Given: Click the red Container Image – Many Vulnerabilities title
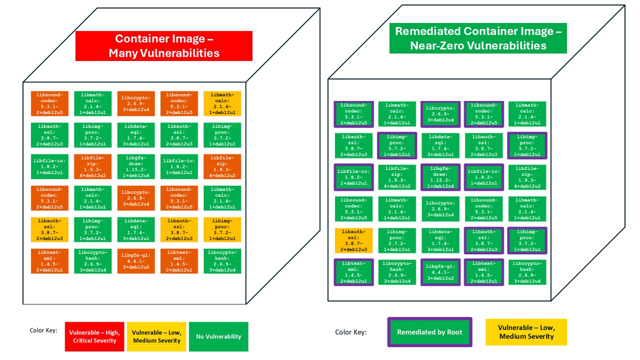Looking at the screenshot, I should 164,46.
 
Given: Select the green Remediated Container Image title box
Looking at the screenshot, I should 478,38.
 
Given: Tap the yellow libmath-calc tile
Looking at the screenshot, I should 222,104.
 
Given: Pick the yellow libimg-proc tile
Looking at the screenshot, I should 222,229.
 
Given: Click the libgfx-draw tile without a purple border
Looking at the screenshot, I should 136,166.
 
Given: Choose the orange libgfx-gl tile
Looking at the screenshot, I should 136,261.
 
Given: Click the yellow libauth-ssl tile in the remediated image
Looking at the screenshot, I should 354,240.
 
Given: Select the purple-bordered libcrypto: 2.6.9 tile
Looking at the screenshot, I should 440,114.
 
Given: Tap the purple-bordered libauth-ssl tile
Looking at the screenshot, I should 483,240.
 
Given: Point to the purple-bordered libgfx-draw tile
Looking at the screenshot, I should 440,177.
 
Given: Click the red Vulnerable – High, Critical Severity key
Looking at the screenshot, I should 94,336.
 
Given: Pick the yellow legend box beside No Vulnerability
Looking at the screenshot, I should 156,336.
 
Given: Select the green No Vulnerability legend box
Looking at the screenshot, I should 218,336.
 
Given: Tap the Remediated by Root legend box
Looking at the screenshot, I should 429,332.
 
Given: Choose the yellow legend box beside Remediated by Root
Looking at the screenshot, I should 526,332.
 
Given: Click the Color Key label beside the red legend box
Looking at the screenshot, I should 43,330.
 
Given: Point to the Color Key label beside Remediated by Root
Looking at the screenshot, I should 350,332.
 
